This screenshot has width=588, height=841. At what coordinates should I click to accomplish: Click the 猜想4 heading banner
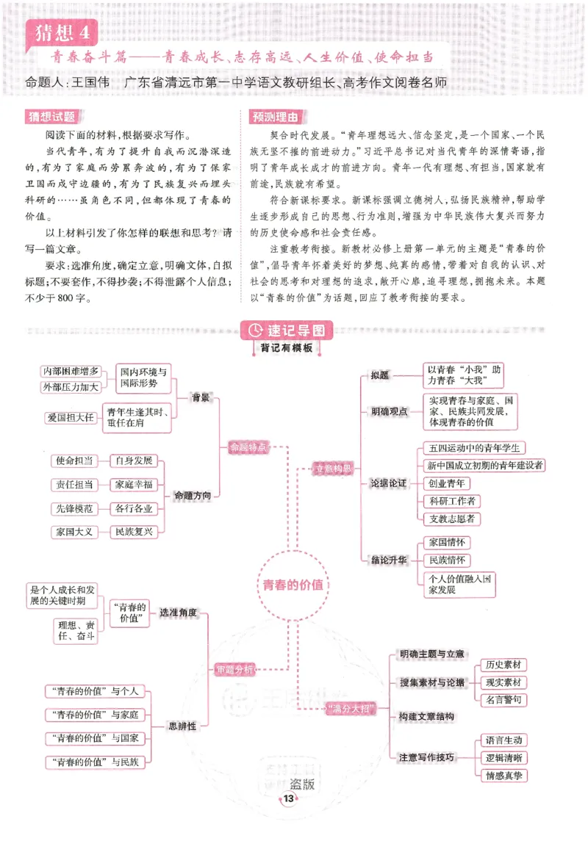pyautogui.click(x=60, y=32)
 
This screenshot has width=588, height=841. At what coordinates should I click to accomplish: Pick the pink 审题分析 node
pyautogui.click(x=234, y=669)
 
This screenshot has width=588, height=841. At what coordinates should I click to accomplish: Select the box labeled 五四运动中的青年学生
pyautogui.click(x=474, y=447)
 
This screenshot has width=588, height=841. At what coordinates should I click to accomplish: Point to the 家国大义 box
pyautogui.click(x=73, y=531)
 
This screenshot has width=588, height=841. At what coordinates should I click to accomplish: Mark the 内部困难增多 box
pyautogui.click(x=71, y=371)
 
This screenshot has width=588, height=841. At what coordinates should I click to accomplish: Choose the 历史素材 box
pyautogui.click(x=505, y=665)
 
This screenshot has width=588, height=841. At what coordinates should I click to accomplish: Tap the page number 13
pyautogui.click(x=289, y=798)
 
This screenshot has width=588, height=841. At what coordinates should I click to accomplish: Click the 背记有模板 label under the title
pyautogui.click(x=286, y=349)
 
